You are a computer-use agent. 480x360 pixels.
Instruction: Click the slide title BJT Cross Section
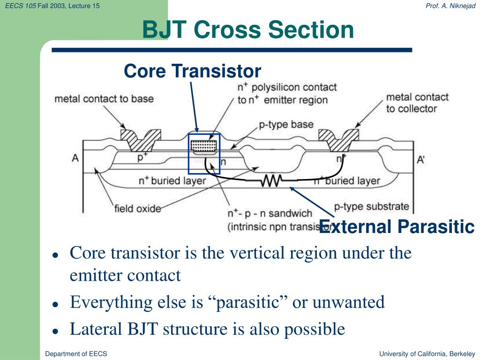tap(248, 30)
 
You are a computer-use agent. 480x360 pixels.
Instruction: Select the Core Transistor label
tap(192, 71)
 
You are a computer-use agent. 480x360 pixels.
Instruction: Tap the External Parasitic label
tap(397, 227)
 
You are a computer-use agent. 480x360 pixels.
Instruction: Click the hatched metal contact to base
tap(141, 137)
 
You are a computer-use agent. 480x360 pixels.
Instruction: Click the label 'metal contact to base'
tap(104, 99)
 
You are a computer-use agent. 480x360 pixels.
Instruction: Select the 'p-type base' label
tap(286, 125)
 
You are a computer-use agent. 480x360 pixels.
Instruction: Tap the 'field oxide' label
tap(137, 208)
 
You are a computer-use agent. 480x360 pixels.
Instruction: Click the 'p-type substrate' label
tap(371, 206)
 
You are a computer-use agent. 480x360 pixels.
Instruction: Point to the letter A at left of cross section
tap(75, 158)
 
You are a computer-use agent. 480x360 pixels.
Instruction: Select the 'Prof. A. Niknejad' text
tap(450, 5)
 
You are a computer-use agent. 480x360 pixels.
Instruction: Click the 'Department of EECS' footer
tap(76, 354)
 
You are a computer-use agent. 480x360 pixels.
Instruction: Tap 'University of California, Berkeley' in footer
tap(427, 354)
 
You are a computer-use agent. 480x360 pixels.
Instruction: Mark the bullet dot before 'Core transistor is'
tap(55, 256)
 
